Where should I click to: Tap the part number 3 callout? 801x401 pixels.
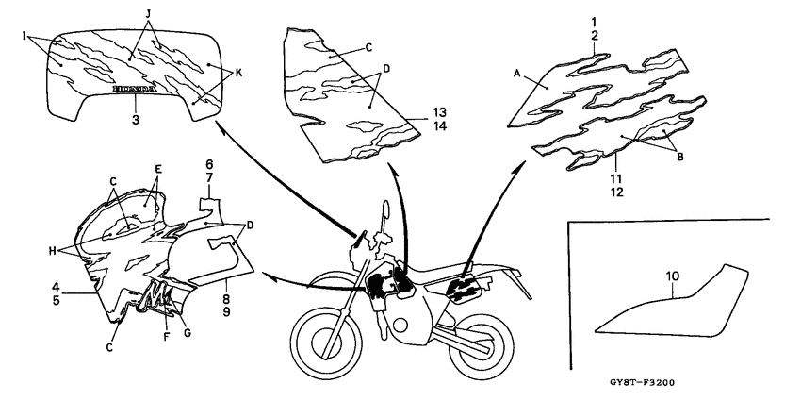point(136,120)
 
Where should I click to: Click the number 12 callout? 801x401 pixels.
point(590,192)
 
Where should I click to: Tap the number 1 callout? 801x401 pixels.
point(594,20)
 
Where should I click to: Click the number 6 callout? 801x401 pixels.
point(209,163)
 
